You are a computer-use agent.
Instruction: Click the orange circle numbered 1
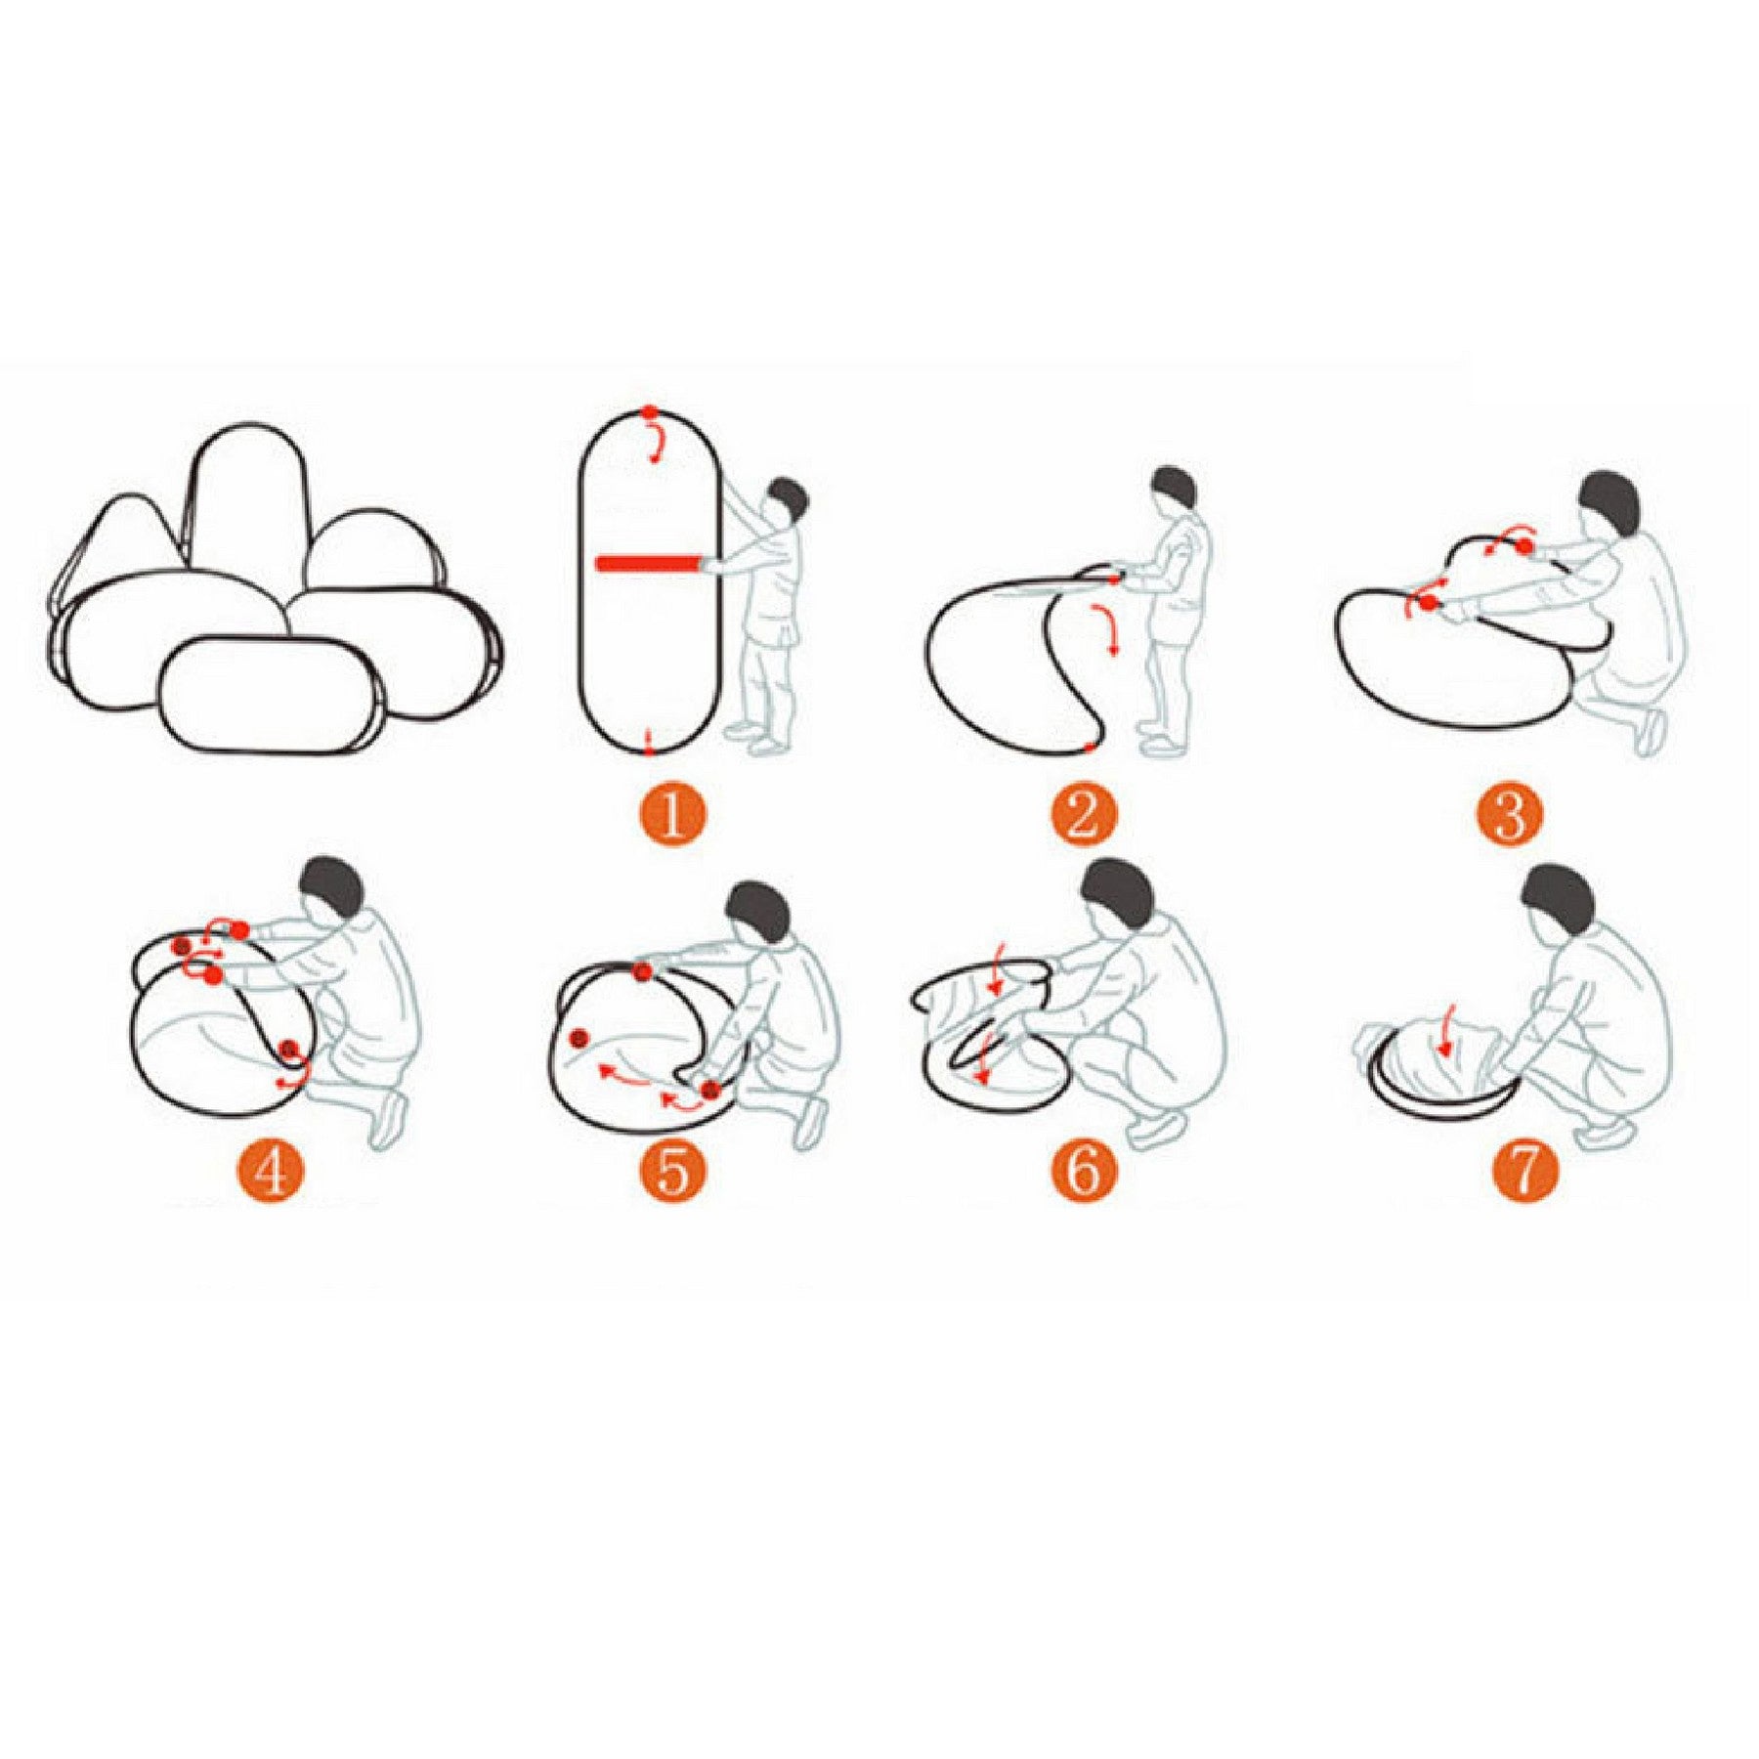pyautogui.click(x=672, y=815)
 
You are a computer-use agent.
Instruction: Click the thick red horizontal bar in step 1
pyautogui.click(x=649, y=563)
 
